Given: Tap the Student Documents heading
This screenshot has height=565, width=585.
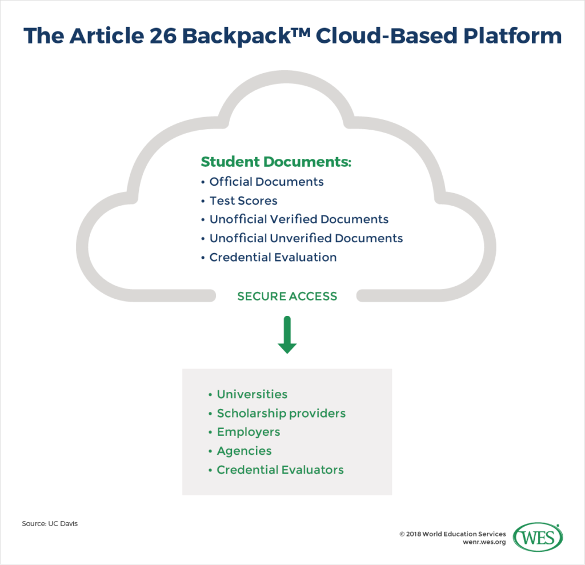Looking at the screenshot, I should click(x=276, y=162).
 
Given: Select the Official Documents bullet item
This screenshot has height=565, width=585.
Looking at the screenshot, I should click(x=266, y=182).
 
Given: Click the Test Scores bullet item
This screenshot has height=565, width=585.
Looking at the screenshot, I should click(x=243, y=201).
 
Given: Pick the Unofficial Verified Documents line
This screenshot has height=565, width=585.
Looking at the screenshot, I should click(x=299, y=219).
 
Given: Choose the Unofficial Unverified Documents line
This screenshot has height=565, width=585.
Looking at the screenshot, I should click(x=306, y=238).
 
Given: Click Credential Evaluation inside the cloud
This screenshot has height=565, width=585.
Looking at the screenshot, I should click(x=273, y=257).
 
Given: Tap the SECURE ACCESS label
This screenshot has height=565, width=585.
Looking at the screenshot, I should click(x=287, y=296).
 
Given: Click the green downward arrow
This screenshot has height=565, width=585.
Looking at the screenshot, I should click(x=287, y=336).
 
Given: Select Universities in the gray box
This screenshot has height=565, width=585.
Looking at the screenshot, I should click(x=252, y=394).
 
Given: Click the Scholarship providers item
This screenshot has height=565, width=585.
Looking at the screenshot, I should click(x=281, y=413).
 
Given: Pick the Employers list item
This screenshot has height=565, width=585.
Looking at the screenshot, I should click(x=249, y=432).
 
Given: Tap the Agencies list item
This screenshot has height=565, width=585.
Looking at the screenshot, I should click(x=244, y=451).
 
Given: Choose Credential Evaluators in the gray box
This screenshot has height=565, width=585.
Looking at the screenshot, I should click(x=280, y=470).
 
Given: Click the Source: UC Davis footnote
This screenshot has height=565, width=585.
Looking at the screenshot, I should click(x=50, y=523).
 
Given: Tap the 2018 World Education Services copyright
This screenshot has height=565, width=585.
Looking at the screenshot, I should click(x=452, y=534).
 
